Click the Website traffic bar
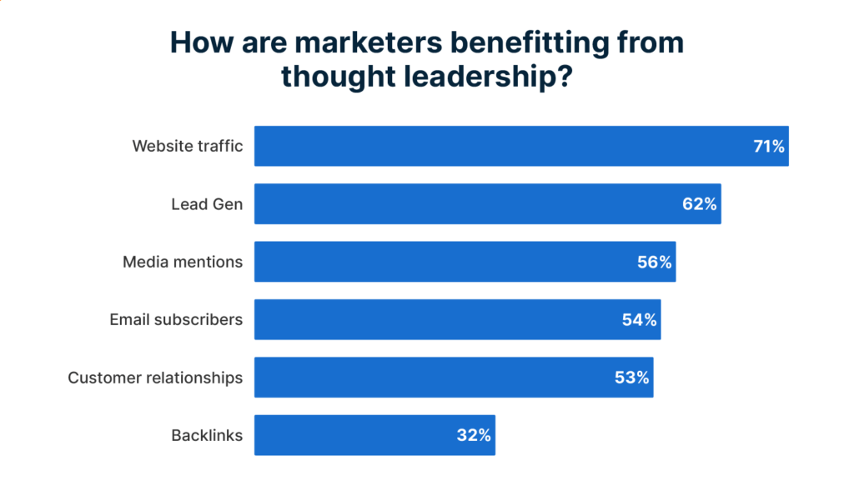point(500,147)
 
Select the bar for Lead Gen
point(467,204)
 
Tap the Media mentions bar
point(442,262)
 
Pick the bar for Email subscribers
point(434,319)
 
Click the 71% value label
point(768,147)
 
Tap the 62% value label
point(700,204)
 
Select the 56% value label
point(655,262)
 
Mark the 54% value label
point(640,319)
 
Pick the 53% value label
point(632,377)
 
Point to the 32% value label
point(474,435)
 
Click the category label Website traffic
point(188,147)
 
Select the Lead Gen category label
point(207,204)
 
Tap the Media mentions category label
point(183,262)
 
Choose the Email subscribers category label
point(176,319)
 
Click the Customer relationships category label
point(155,378)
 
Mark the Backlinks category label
point(207,435)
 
